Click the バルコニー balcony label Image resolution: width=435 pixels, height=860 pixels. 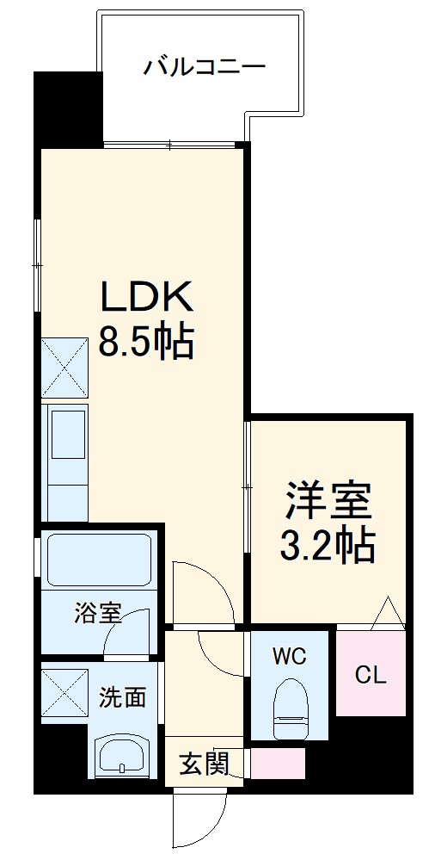pyautogui.click(x=205, y=66)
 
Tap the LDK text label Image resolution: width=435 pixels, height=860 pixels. pyautogui.click(x=147, y=297)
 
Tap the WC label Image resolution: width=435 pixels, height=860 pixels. pyautogui.click(x=288, y=657)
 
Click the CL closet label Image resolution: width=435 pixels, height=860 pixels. pyautogui.click(x=371, y=675)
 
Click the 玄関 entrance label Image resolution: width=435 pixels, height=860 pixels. pyautogui.click(x=204, y=763)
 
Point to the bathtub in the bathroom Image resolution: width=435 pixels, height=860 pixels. pyautogui.click(x=97, y=560)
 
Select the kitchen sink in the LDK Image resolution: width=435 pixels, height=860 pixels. pyautogui.click(x=68, y=434)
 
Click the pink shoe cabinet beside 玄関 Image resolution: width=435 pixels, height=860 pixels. pyautogui.click(x=277, y=763)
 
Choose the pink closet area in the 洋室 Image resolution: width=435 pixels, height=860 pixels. pyautogui.click(x=371, y=673)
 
